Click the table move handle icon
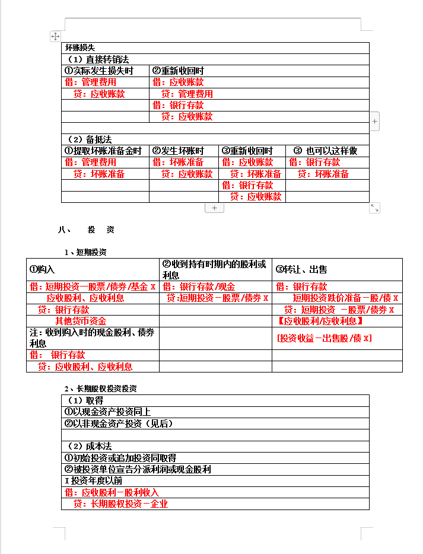click(56, 37)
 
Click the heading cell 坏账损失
click(80, 48)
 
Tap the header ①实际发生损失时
click(99, 71)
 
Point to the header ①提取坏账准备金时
click(103, 151)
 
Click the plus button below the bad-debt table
click(214, 208)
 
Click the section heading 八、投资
click(87, 230)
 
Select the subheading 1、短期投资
click(86, 252)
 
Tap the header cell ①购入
click(42, 269)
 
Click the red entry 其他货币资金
click(81, 321)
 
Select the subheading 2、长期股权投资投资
click(101, 389)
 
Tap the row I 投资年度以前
click(93, 481)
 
